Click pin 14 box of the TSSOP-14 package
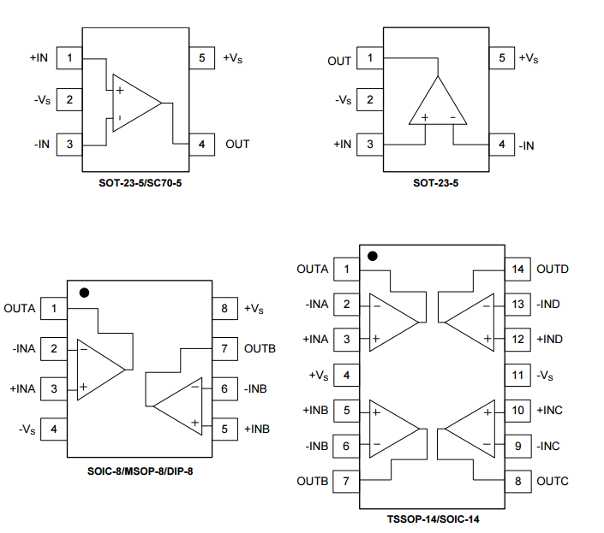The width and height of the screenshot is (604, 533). click(517, 269)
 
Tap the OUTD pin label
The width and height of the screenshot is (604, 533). click(553, 269)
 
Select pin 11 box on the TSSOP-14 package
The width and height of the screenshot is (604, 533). click(517, 375)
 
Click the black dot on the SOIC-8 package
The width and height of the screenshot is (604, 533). click(83, 292)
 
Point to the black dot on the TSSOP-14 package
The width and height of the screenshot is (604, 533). click(372, 256)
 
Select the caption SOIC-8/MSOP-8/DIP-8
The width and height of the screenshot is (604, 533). click(140, 471)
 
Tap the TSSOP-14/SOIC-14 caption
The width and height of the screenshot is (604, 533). click(438, 518)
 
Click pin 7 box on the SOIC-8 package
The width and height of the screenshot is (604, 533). click(224, 349)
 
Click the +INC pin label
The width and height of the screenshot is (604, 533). click(549, 410)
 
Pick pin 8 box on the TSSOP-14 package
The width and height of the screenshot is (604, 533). click(517, 481)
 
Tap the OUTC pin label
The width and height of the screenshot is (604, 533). click(553, 481)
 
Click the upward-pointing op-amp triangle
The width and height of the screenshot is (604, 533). click(437, 102)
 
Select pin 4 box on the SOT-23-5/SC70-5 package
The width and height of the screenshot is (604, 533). click(201, 144)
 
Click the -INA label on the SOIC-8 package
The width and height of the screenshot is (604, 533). click(24, 349)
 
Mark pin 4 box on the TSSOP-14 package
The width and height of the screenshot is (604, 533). click(346, 375)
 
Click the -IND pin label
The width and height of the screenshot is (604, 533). click(549, 304)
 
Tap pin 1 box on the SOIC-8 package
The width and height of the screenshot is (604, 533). click(54, 308)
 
